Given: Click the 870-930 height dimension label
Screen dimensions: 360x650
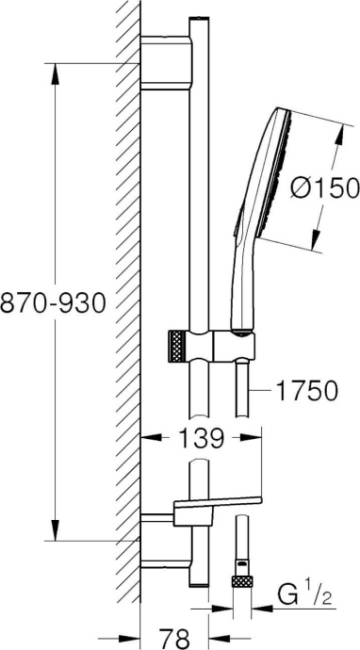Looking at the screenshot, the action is click(54, 302).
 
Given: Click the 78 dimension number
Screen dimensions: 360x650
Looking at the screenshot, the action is click(174, 638).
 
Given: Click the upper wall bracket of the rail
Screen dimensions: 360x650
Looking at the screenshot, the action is click(167, 63).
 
